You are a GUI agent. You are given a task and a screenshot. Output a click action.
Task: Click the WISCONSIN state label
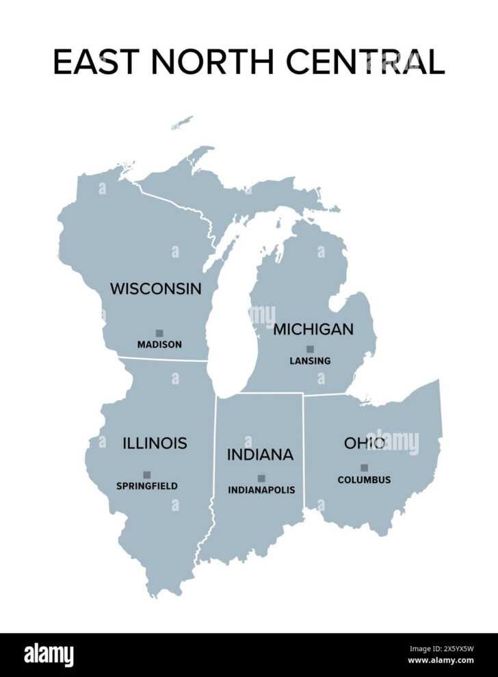click(x=156, y=288)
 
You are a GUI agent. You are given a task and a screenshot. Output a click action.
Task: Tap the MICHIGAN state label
click(x=313, y=329)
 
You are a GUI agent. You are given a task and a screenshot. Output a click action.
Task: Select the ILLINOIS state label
click(x=155, y=443)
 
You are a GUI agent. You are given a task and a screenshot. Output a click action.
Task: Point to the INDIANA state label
click(x=260, y=454)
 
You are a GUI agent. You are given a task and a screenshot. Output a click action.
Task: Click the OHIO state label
click(x=363, y=443)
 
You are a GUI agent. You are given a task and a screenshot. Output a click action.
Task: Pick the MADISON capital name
click(x=159, y=345)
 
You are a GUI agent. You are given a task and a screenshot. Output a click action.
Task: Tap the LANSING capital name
click(x=310, y=360)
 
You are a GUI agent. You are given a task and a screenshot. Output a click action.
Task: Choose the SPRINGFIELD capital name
click(x=146, y=486)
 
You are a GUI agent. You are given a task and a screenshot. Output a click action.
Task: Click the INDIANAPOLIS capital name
click(x=261, y=490)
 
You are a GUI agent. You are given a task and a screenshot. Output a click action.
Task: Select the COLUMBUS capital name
click(x=364, y=480)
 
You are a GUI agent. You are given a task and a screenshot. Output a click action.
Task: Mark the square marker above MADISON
click(x=159, y=333)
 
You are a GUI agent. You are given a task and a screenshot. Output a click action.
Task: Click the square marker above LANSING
click(x=310, y=349)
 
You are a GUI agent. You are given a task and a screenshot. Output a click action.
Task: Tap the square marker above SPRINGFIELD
click(x=146, y=474)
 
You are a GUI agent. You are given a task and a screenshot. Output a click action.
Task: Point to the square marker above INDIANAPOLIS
click(x=261, y=478)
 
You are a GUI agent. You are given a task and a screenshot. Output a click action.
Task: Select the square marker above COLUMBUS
click(x=364, y=468)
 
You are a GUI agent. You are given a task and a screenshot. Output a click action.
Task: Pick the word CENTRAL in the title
click(x=366, y=62)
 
